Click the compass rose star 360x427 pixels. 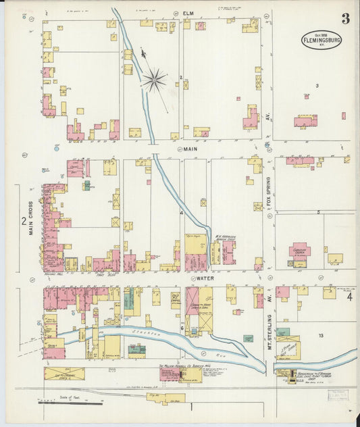(x=154, y=81)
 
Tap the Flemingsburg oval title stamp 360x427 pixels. (x=321, y=41)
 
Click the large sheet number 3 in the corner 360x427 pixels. (x=345, y=19)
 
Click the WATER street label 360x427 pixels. (x=203, y=278)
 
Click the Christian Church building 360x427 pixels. (x=299, y=251)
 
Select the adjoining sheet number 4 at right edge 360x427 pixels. (x=349, y=297)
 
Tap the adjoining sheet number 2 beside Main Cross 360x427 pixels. (x=23, y=221)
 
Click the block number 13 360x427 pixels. (x=321, y=336)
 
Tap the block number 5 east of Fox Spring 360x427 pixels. (x=318, y=212)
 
